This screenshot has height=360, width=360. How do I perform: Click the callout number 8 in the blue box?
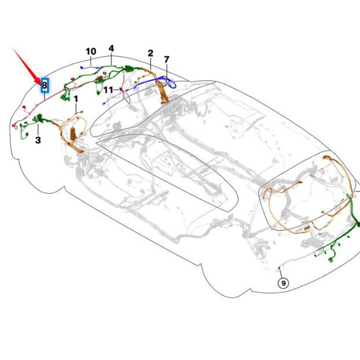tap(44, 85)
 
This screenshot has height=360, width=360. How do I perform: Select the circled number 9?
tap(283, 283)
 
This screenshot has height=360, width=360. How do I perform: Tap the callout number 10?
tap(91, 52)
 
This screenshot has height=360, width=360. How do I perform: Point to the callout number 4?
tap(111, 48)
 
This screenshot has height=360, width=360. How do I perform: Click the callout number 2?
tap(150, 53)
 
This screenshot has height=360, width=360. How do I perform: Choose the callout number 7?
tap(166, 59)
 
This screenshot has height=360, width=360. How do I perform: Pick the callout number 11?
tap(108, 90)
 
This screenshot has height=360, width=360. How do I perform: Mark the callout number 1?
tap(75, 100)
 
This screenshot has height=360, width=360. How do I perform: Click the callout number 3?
tap(38, 139)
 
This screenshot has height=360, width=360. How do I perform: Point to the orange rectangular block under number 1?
tap(72, 135)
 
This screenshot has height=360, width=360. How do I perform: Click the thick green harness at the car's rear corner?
tap(351, 217)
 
